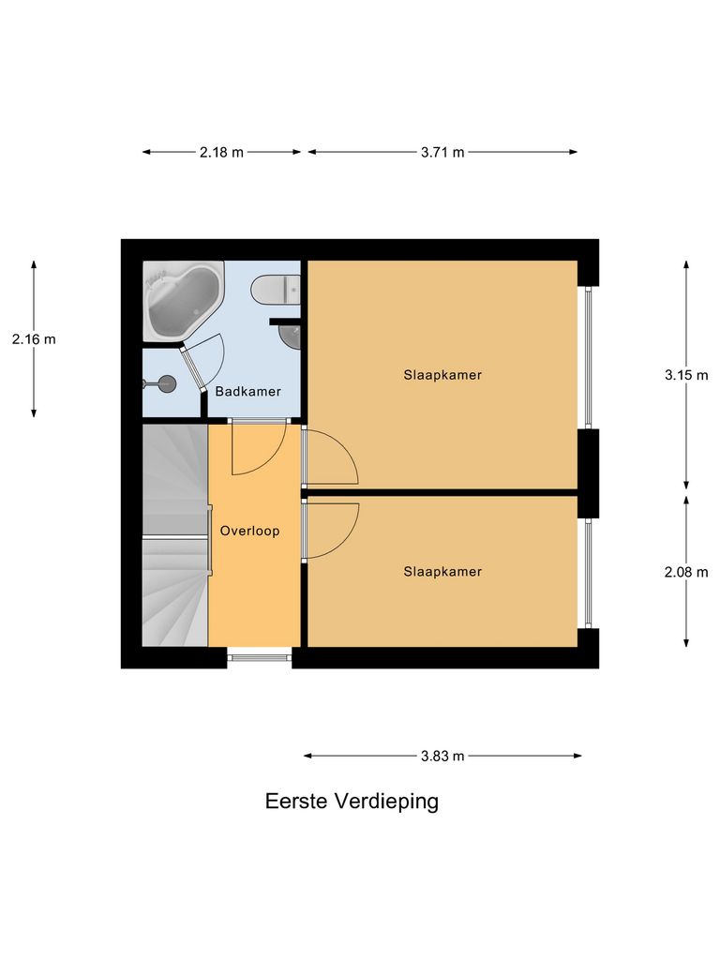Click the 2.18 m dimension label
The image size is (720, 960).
(x=221, y=153)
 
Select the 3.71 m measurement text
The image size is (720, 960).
(x=442, y=153)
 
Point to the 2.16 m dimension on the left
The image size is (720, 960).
(x=34, y=339)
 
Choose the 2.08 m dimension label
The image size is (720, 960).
(x=686, y=571)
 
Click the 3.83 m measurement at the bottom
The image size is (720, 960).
(x=442, y=756)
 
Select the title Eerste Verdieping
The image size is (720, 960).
(x=352, y=802)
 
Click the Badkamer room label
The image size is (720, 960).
(x=247, y=392)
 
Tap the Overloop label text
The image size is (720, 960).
(x=250, y=531)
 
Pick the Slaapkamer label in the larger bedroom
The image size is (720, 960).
(x=442, y=375)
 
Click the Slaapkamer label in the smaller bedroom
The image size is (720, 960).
(x=442, y=571)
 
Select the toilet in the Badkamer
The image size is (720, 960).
(x=276, y=290)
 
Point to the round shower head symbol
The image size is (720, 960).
(x=166, y=382)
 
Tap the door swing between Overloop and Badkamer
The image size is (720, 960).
(x=255, y=448)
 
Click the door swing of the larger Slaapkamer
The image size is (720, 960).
(x=330, y=457)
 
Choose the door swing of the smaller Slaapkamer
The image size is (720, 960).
(x=330, y=530)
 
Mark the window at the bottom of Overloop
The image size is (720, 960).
(x=260, y=658)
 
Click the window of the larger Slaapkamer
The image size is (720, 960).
(x=588, y=357)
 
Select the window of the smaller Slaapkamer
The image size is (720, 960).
(x=588, y=573)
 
